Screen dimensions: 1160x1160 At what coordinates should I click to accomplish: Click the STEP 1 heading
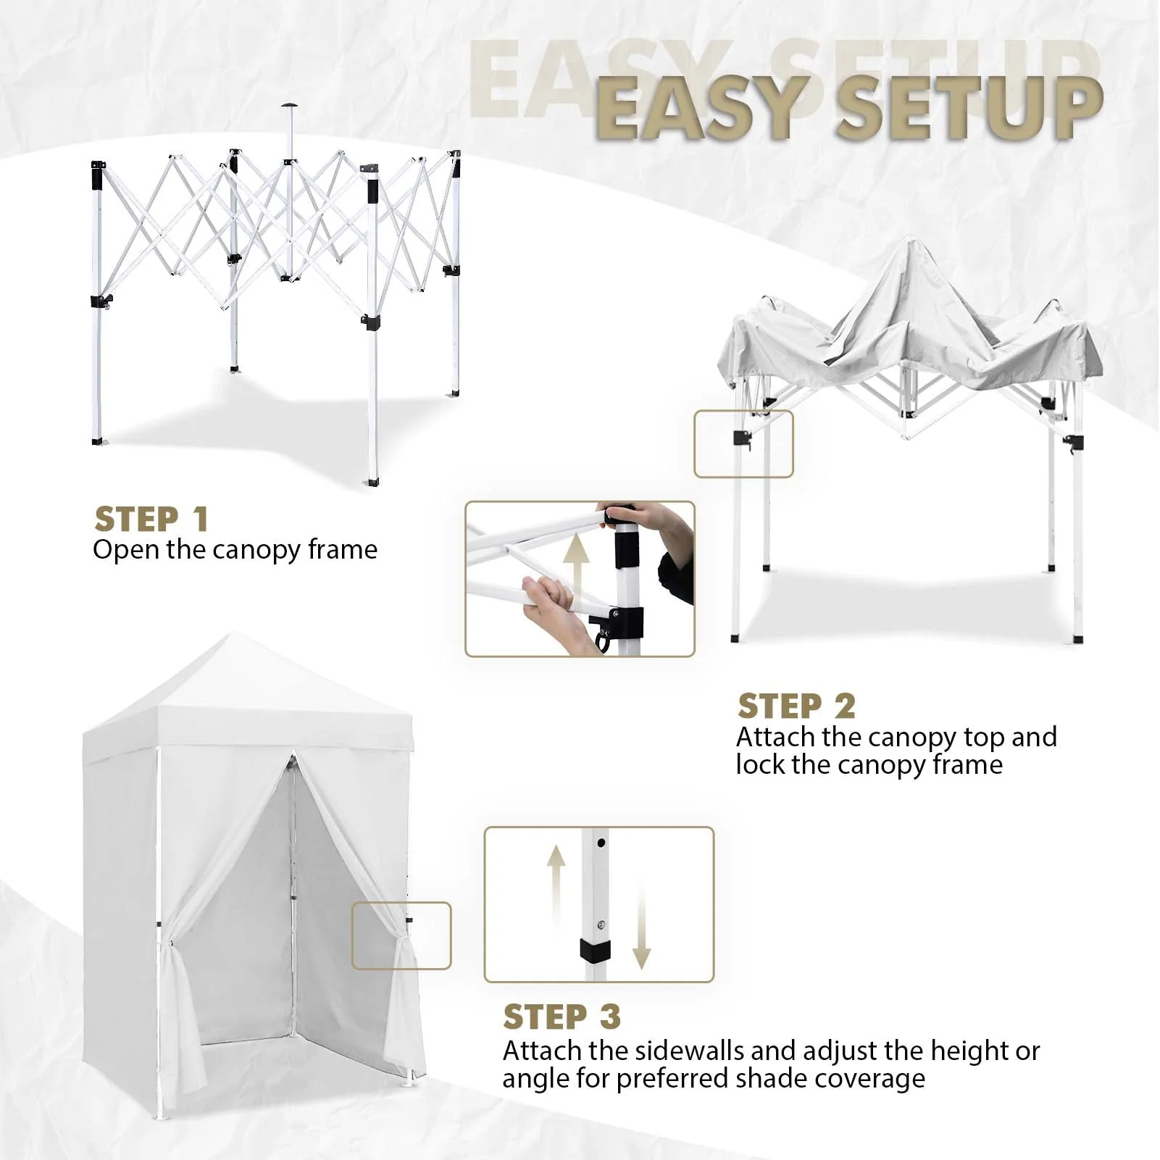[151, 520]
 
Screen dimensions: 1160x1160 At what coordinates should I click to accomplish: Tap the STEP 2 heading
[796, 706]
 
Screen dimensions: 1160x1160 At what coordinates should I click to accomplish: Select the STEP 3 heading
[562, 1017]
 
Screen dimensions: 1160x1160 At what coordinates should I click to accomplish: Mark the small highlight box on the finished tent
[401, 935]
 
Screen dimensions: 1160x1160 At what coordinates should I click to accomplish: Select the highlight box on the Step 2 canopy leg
[743, 444]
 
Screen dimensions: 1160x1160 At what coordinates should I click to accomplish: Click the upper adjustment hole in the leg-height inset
[601, 843]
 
